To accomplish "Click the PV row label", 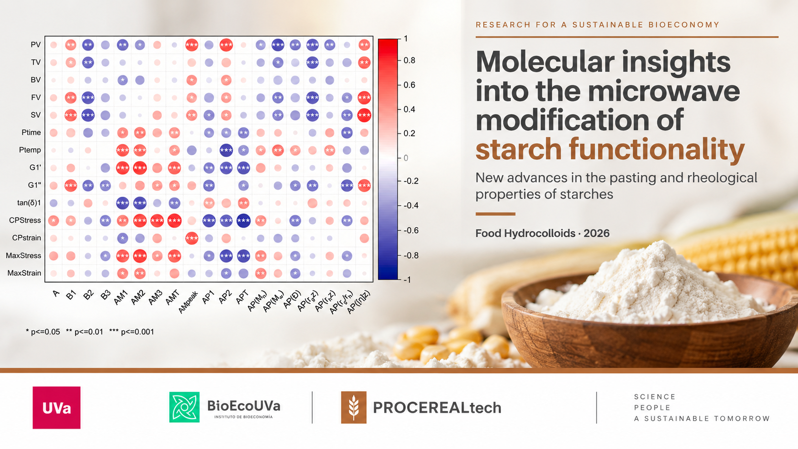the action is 36,45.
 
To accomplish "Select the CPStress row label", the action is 25,220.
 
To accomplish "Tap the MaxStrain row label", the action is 24,273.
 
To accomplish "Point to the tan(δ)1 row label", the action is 29,203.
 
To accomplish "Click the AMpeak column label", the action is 188,302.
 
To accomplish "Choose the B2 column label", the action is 88,294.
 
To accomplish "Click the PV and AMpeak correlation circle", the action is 192,45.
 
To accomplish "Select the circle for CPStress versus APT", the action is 243,220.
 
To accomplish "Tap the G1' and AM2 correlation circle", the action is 140,167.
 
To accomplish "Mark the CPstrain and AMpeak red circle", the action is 192,238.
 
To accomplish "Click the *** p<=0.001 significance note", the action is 131,332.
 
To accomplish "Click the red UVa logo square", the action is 57,407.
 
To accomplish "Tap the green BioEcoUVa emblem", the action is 184,407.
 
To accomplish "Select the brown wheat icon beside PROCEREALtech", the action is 354,407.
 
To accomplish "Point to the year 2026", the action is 597,233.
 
